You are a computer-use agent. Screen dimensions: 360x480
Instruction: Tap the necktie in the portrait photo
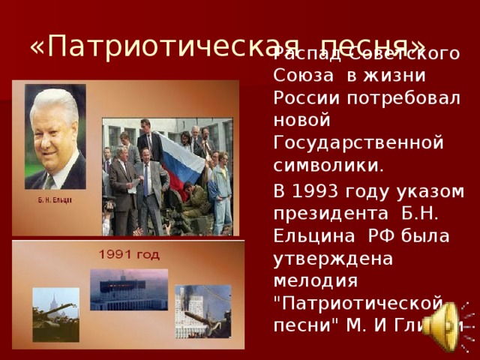(50, 181)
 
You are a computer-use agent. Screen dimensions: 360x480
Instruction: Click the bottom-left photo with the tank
(55, 313)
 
